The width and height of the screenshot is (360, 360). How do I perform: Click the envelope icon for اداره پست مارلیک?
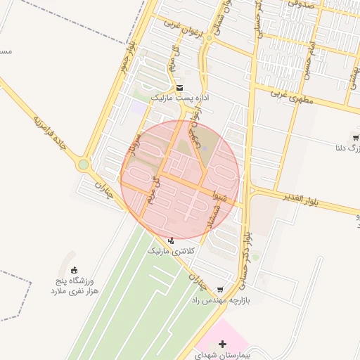click(181, 89)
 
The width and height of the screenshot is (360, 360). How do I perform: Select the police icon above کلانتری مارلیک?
click(171, 240)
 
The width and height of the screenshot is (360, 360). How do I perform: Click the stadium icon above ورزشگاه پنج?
click(75, 271)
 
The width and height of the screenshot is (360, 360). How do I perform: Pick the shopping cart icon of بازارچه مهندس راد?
click(220, 289)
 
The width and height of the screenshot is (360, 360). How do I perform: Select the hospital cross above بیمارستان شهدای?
click(223, 345)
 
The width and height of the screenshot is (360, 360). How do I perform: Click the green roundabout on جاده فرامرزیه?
click(84, 165)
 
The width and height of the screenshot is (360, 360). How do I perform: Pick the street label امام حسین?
click(310, 43)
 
